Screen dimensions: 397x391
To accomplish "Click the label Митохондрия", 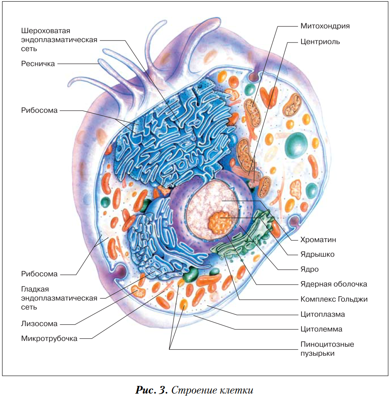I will pyautogui.click(x=325, y=26).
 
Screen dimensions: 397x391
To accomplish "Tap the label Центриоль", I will pyautogui.click(x=320, y=42).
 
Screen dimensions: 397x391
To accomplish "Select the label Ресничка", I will pyautogui.click(x=38, y=64).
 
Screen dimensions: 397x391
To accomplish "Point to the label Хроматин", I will pyautogui.click(x=318, y=240).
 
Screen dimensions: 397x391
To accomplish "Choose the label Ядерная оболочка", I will pyautogui.click(x=333, y=284).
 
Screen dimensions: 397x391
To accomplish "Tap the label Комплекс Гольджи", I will pyautogui.click(x=334, y=299).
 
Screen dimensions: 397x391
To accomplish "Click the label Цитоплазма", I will pyautogui.click(x=322, y=314).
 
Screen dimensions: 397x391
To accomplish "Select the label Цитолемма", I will pyautogui.click(x=321, y=329).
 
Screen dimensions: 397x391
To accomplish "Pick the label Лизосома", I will pyautogui.click(x=39, y=324).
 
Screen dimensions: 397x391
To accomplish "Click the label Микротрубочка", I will pyautogui.click(x=49, y=339).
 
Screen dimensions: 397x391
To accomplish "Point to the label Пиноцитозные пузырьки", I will pyautogui.click(x=327, y=348).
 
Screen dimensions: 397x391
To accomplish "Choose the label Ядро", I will pyautogui.click(x=309, y=269).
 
